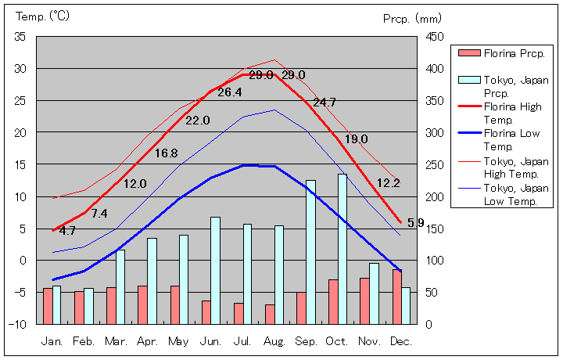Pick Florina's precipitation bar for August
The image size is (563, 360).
270,314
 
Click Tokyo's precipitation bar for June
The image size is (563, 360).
215,270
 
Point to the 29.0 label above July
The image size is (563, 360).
260,75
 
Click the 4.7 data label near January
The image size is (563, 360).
67,231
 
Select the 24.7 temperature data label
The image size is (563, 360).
324,103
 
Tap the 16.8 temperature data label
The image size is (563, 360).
166,153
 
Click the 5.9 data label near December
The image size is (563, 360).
416,223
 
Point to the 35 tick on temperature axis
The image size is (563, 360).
20,37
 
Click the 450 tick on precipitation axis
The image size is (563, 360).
436,37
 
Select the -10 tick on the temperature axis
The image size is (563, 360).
19,323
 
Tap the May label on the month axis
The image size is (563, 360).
178,341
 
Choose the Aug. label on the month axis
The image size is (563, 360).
274,341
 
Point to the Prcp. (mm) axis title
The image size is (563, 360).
413,18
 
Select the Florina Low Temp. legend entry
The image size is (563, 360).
511,139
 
